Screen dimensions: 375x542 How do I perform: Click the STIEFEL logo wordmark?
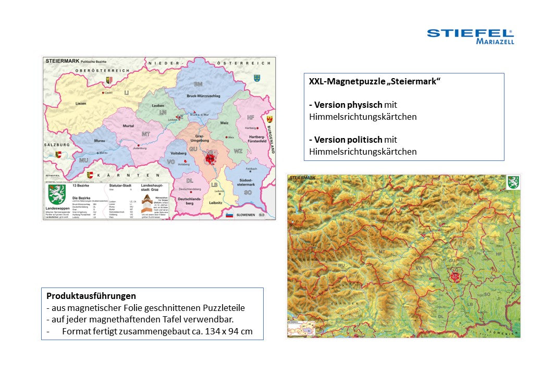pos(470,33)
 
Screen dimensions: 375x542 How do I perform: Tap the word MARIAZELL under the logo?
pos(495,42)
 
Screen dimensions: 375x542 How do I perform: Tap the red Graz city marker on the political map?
pos(211,157)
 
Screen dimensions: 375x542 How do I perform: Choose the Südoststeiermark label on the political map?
pos(246,182)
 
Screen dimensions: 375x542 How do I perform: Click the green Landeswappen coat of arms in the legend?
pos(57,194)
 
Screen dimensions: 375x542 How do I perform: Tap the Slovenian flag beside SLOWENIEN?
pos(229,215)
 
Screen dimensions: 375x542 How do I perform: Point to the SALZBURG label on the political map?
pos(56,144)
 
